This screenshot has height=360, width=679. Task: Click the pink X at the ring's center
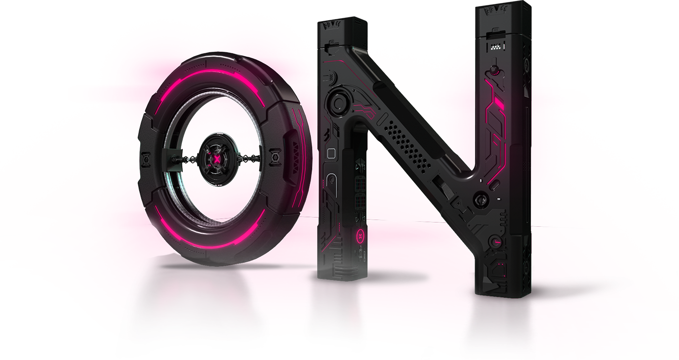coord(217,159)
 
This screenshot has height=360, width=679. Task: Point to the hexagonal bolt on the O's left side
coord(146,159)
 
